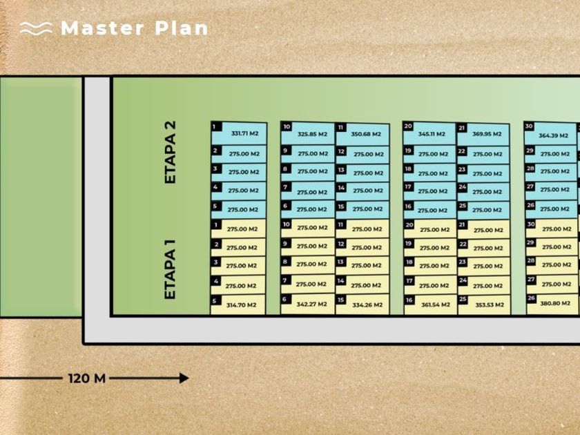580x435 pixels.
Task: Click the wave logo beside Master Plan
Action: [x=36, y=28]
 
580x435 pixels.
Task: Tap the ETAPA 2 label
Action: [x=171, y=153]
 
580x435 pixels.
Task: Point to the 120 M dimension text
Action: [x=87, y=378]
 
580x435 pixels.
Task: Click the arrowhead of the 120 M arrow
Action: [x=183, y=378]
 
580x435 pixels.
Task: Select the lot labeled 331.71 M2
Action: [x=238, y=133]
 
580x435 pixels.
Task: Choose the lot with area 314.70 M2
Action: [x=238, y=304]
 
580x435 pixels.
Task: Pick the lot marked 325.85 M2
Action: [x=308, y=133]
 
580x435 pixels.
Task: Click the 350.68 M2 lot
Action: [x=362, y=134]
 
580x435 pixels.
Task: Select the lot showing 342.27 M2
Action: [x=308, y=302]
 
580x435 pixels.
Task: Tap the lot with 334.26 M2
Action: [x=362, y=304]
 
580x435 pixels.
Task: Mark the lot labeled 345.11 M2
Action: [x=429, y=133]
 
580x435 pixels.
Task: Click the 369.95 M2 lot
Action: [x=483, y=134]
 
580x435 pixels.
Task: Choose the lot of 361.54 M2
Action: [x=430, y=304]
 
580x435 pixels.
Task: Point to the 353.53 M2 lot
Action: [x=483, y=304]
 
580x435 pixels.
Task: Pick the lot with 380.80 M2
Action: [x=552, y=302]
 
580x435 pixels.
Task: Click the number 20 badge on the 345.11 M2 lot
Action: [x=408, y=126]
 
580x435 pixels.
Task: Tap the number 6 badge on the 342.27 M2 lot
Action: [x=284, y=299]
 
